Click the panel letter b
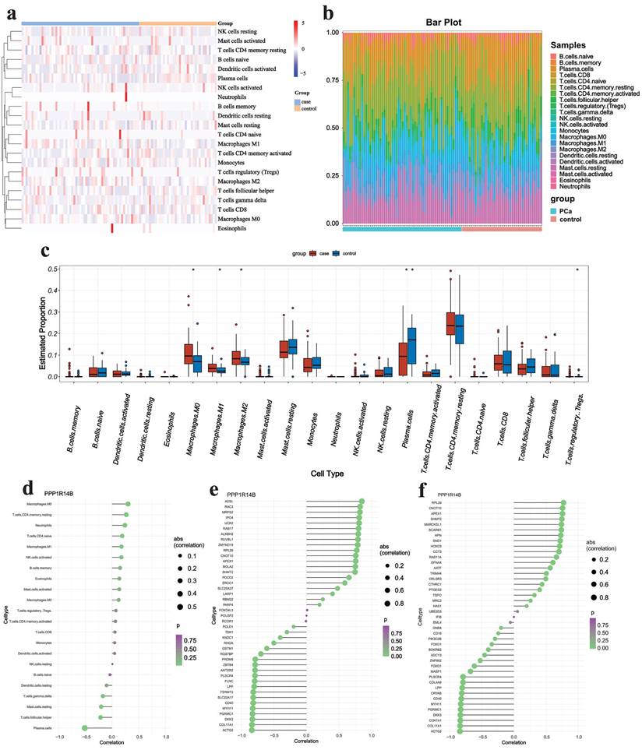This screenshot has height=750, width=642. (x=329, y=12)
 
